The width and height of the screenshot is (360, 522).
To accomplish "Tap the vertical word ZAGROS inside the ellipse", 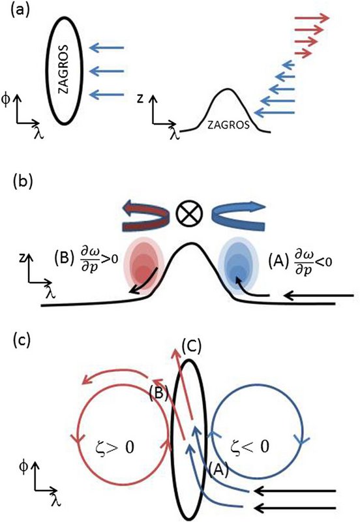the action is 63,69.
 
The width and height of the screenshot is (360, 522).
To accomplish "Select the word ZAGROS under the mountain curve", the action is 228,125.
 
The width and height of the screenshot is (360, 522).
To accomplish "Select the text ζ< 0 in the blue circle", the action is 250,446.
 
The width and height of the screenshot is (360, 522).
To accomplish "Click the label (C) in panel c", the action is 192,347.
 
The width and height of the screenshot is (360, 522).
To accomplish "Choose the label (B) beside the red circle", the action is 158,393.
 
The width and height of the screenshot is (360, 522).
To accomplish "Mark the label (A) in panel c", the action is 218,470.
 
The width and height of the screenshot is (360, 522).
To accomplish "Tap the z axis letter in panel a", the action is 141,100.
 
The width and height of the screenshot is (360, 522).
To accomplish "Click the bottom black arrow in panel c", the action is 295,508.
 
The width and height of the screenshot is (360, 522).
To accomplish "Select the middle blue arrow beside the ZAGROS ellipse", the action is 107,71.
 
